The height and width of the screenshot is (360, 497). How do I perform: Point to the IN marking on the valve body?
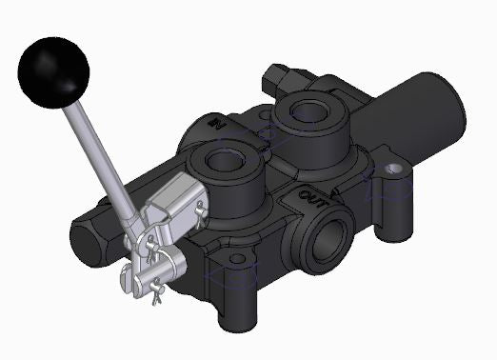[217, 123]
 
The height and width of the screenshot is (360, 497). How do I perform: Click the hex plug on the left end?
[89, 232]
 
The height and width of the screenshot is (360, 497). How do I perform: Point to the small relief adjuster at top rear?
[280, 75]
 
